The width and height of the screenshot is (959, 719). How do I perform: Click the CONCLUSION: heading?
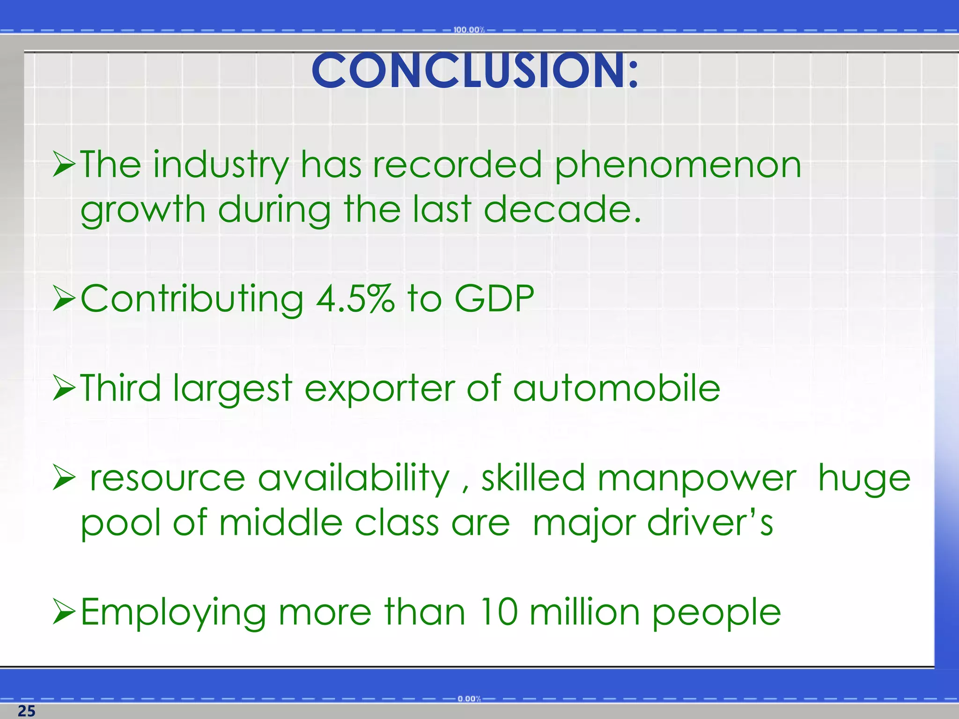pyautogui.click(x=474, y=71)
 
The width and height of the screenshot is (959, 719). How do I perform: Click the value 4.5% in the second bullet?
pyautogui.click(x=355, y=298)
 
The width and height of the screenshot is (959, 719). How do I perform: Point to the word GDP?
pyautogui.click(x=494, y=298)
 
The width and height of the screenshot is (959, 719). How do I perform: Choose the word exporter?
pyautogui.click(x=379, y=389)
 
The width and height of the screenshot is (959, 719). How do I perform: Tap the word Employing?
pyautogui.click(x=173, y=612)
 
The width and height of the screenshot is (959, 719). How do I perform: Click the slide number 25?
pyautogui.click(x=26, y=711)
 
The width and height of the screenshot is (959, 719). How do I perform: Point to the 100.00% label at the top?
pyautogui.click(x=468, y=30)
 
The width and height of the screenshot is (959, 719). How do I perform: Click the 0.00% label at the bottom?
pyautogui.click(x=469, y=699)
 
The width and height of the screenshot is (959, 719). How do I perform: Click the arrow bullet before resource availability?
pyautogui.click(x=64, y=478)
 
